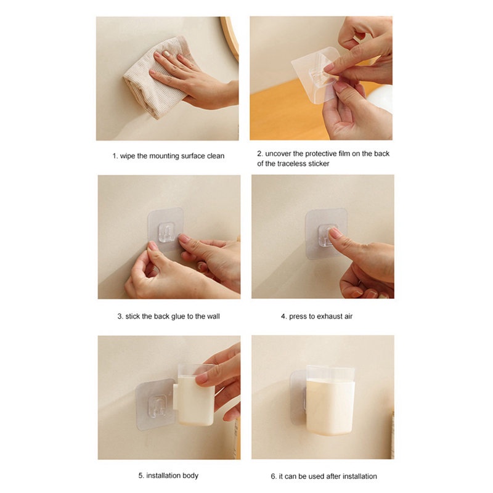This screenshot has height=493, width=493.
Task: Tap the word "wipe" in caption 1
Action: coord(128,156)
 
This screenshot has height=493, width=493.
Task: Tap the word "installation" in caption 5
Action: coord(163,475)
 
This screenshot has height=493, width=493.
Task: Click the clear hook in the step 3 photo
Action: coord(166,233)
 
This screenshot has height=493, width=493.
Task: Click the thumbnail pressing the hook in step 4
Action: coord(334,232)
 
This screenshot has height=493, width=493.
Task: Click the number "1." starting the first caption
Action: coord(115,156)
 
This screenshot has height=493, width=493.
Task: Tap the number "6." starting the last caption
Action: coord(274,476)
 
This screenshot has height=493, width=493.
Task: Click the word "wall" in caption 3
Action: coord(213,316)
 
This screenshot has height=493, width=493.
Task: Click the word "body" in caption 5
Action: coord(190,476)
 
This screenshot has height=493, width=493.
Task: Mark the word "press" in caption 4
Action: coord(297,317)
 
